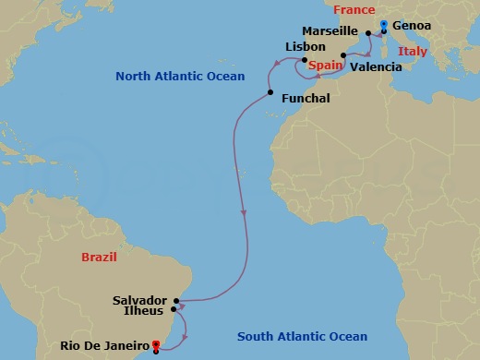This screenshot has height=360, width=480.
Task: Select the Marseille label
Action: (x=330, y=31)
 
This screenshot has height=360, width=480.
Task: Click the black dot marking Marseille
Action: (x=367, y=32)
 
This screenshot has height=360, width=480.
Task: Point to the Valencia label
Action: (x=377, y=67)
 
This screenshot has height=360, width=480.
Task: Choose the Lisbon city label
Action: (x=306, y=46)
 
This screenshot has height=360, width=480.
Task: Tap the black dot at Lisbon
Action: (x=306, y=62)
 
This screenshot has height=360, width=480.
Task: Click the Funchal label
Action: (x=304, y=95)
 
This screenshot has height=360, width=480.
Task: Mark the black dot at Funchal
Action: (x=270, y=92)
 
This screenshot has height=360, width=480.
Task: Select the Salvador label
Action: (x=139, y=301)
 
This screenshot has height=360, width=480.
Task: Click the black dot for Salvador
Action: (x=175, y=301)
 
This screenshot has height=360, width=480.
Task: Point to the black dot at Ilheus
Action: (x=173, y=311)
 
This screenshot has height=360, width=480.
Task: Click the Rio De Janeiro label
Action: (x=103, y=345)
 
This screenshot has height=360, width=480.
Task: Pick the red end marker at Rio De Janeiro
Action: (x=156, y=345)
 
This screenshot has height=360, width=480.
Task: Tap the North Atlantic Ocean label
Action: (x=180, y=76)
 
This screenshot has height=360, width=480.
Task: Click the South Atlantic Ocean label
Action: (x=302, y=337)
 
